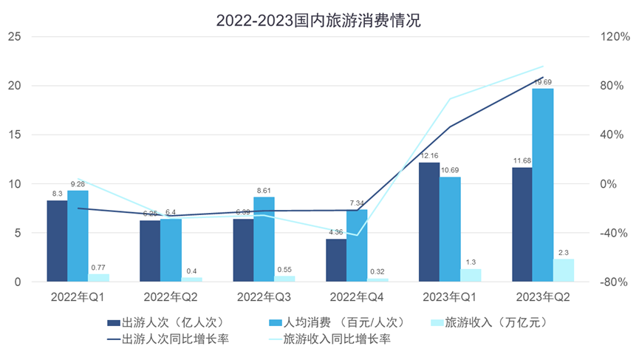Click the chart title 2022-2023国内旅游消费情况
tap(318, 20)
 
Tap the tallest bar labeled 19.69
tap(543, 185)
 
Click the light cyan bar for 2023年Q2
tap(564, 271)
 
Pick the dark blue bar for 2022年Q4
tap(336, 260)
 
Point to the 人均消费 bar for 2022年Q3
tap(264, 240)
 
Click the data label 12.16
tap(429, 157)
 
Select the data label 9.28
tap(78, 184)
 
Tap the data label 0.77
tap(98, 268)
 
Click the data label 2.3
tap(564, 253)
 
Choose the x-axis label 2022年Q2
tap(170, 296)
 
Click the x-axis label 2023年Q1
tap(449, 296)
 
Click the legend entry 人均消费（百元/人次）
tap(329, 322)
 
